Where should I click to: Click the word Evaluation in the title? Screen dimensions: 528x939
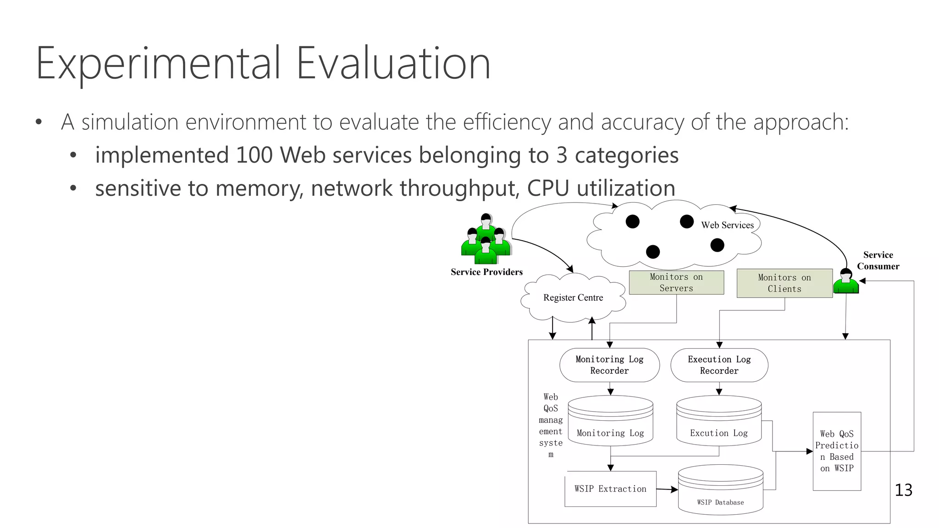[393, 63]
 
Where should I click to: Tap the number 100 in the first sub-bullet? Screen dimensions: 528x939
[254, 155]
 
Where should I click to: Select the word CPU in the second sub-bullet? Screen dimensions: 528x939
[548, 188]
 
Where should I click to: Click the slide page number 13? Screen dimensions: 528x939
[903, 490]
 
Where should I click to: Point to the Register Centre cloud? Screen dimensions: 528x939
[573, 297]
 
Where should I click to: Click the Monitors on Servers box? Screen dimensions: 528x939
[676, 282]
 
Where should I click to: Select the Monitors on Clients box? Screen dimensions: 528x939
[784, 283]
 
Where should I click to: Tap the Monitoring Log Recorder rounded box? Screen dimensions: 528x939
[609, 365]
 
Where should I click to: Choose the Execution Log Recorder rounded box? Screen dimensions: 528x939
[719, 365]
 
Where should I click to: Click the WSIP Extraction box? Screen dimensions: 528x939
[610, 489]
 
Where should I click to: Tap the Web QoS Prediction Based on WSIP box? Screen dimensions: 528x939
[837, 451]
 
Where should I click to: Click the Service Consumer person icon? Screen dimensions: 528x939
[846, 281]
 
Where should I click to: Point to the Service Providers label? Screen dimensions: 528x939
[486, 272]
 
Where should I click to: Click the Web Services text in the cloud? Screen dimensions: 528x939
[727, 225]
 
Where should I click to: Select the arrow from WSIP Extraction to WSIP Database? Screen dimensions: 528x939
[667, 489]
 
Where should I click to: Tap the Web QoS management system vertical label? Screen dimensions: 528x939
[551, 425]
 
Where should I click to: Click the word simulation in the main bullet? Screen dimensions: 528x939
[130, 122]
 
